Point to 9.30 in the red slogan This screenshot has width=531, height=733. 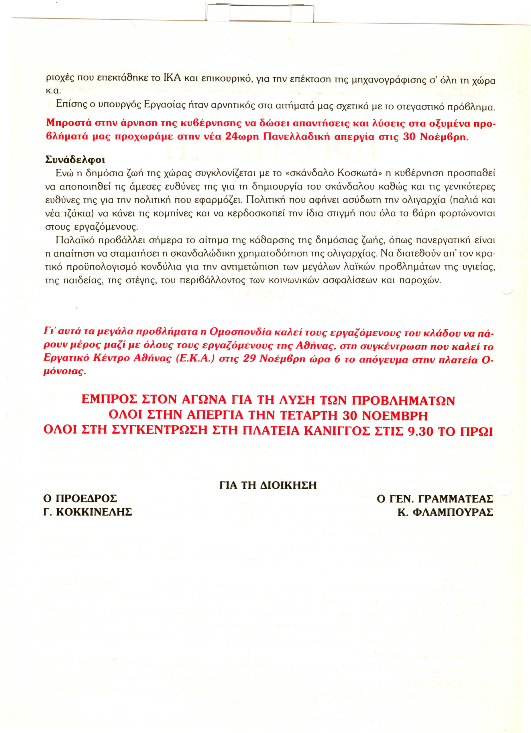tap(420, 431)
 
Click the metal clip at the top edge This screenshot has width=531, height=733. tap(260, 12)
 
